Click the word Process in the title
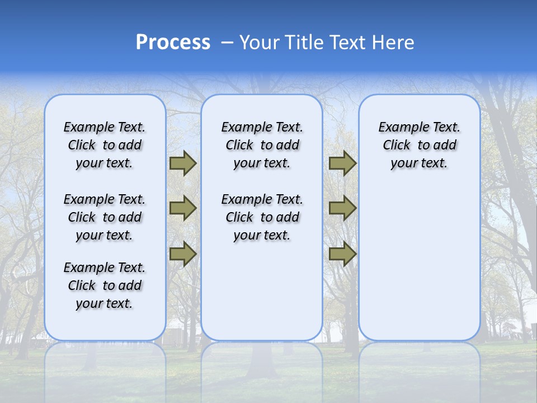pyautogui.click(x=173, y=43)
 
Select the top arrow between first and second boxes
pyautogui.click(x=182, y=163)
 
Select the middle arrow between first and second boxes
pyautogui.click(x=182, y=208)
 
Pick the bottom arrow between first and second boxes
pyautogui.click(x=182, y=254)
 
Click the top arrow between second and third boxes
pyautogui.click(x=342, y=163)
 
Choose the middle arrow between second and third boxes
pyautogui.click(x=342, y=208)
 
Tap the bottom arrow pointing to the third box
pyautogui.click(x=342, y=254)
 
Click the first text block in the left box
pyautogui.click(x=105, y=145)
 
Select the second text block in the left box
pyautogui.click(x=105, y=217)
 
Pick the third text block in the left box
pyautogui.click(x=105, y=285)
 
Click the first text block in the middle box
pyautogui.click(x=262, y=145)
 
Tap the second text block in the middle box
pyautogui.click(x=262, y=217)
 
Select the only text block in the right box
pyautogui.click(x=419, y=145)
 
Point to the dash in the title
pyautogui.click(x=227, y=43)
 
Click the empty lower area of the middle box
pyautogui.click(x=262, y=291)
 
